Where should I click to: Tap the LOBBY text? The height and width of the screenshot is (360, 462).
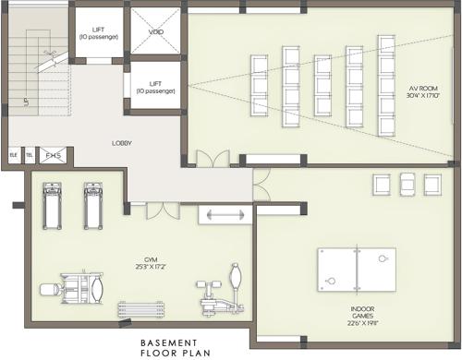(122, 143)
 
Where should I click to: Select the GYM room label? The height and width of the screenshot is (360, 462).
(140, 261)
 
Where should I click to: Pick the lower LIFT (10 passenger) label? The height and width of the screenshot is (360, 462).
(157, 88)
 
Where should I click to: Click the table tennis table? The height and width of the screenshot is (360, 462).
(357, 268)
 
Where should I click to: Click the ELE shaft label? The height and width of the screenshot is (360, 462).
(14, 156)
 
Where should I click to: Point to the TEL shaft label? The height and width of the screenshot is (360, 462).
(29, 156)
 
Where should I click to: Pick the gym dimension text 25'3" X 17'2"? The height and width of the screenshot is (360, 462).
(140, 269)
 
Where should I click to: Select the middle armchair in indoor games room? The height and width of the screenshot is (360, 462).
(407, 184)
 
